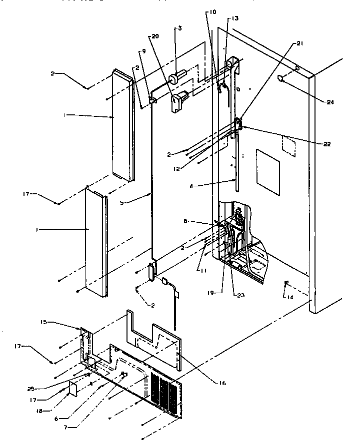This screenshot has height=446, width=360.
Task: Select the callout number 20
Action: point(154,36)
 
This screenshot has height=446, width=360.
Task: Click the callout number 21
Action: point(299,44)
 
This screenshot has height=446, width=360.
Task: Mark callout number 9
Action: point(143,50)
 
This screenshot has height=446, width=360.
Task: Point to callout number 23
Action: point(235,295)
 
